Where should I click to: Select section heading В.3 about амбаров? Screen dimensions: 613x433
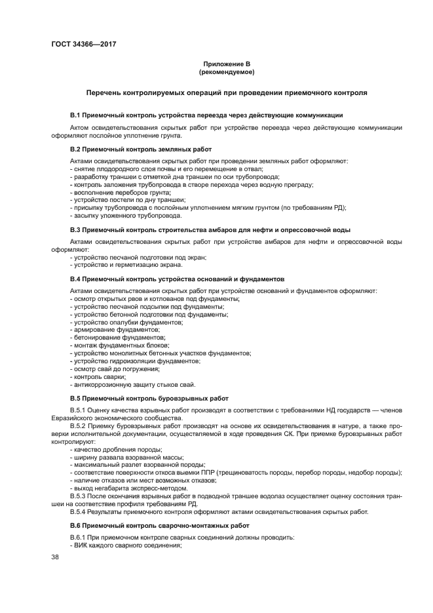point(210,229)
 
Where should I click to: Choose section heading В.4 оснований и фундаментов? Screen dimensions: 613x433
point(177,279)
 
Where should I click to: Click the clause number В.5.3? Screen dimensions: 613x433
point(79,496)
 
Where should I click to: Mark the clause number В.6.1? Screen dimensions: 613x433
point(79,538)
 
